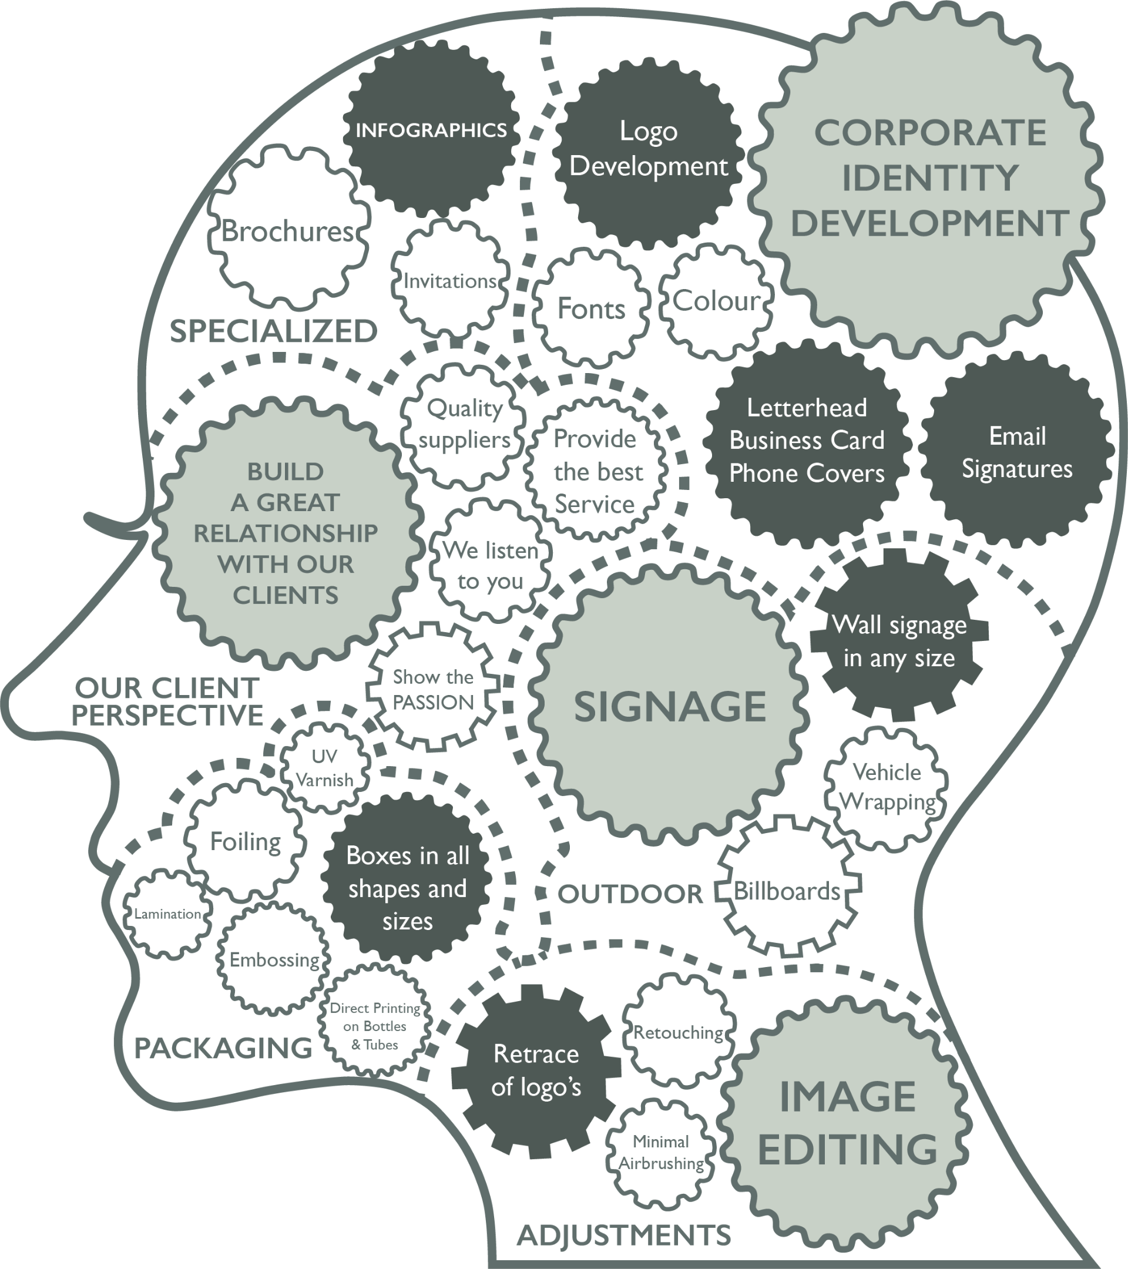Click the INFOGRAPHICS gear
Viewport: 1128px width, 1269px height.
[431, 130]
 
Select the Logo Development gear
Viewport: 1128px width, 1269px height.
[649, 149]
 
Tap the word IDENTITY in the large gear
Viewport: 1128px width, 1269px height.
[929, 178]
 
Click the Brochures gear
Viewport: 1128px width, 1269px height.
[287, 231]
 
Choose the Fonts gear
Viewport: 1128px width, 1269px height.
[590, 308]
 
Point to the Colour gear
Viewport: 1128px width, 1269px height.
[716, 301]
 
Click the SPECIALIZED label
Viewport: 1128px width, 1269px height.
[274, 331]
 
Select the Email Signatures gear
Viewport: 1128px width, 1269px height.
[1017, 452]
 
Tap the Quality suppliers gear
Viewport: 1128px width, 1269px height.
[464, 425]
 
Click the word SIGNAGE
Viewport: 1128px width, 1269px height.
[670, 707]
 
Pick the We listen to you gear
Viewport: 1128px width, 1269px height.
[491, 566]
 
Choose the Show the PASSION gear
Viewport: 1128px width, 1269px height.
[434, 689]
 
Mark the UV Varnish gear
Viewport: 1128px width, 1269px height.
[324, 768]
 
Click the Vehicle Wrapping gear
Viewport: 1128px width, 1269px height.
[887, 787]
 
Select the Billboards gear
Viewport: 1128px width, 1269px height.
[787, 891]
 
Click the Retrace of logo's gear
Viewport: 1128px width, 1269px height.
[536, 1070]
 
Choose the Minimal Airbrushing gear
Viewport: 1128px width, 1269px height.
[661, 1152]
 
